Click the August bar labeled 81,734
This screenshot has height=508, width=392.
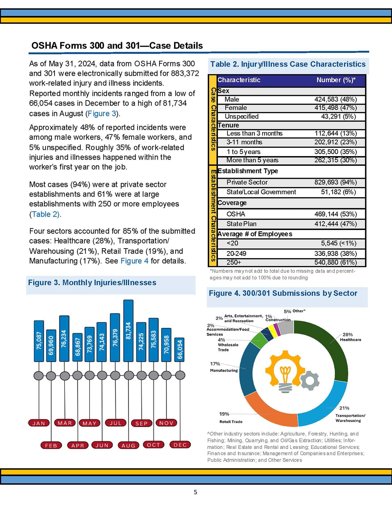click(x=128, y=330)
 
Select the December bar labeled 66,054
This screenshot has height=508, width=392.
click(x=180, y=349)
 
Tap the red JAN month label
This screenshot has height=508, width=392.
click(x=39, y=423)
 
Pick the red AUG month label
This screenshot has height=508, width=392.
click(x=128, y=445)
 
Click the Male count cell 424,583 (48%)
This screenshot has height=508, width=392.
click(x=335, y=99)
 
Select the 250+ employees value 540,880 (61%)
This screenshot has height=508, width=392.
click(x=335, y=262)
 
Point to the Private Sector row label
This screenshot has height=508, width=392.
click(x=247, y=182)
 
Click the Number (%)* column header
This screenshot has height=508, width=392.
click(x=336, y=80)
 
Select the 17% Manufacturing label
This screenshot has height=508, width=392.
click(x=224, y=367)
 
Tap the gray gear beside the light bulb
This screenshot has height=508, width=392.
click(x=309, y=380)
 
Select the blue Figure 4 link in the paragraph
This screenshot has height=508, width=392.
click(x=134, y=261)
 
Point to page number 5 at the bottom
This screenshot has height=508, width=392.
click(x=195, y=492)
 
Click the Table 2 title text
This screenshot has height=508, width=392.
click(x=288, y=64)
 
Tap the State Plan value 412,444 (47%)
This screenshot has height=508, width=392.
click(x=335, y=224)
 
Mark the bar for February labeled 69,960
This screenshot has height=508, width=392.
click(x=51, y=345)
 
